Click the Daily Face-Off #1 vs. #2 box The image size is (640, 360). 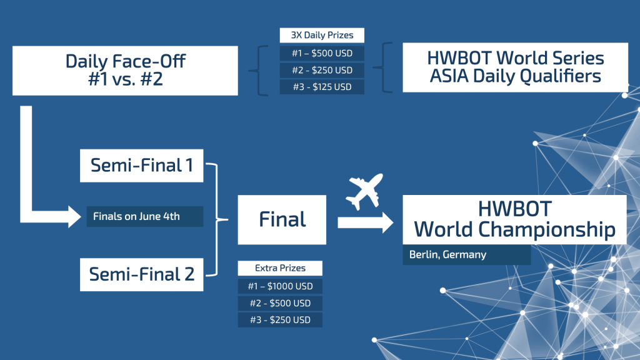[125, 71]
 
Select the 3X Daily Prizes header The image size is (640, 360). [322, 35]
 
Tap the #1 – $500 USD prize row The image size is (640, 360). [322, 54]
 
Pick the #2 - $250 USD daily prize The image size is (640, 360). [322, 70]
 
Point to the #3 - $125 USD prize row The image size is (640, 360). [322, 87]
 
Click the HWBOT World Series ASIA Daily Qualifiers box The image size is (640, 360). [515, 67]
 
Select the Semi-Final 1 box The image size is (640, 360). [142, 166]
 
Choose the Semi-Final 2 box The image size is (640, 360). [142, 275]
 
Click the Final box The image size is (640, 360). [282, 219]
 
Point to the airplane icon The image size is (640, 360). [364, 191]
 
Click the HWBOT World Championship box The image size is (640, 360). [515, 219]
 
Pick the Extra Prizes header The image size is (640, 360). [280, 268]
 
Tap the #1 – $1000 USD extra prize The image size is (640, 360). [280, 286]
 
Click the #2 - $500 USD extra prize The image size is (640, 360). [280, 303]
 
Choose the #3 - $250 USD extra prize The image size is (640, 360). [280, 320]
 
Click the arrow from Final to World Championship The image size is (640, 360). [366, 222]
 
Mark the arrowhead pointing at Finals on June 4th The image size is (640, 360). [75, 217]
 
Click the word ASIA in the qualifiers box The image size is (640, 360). [449, 76]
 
